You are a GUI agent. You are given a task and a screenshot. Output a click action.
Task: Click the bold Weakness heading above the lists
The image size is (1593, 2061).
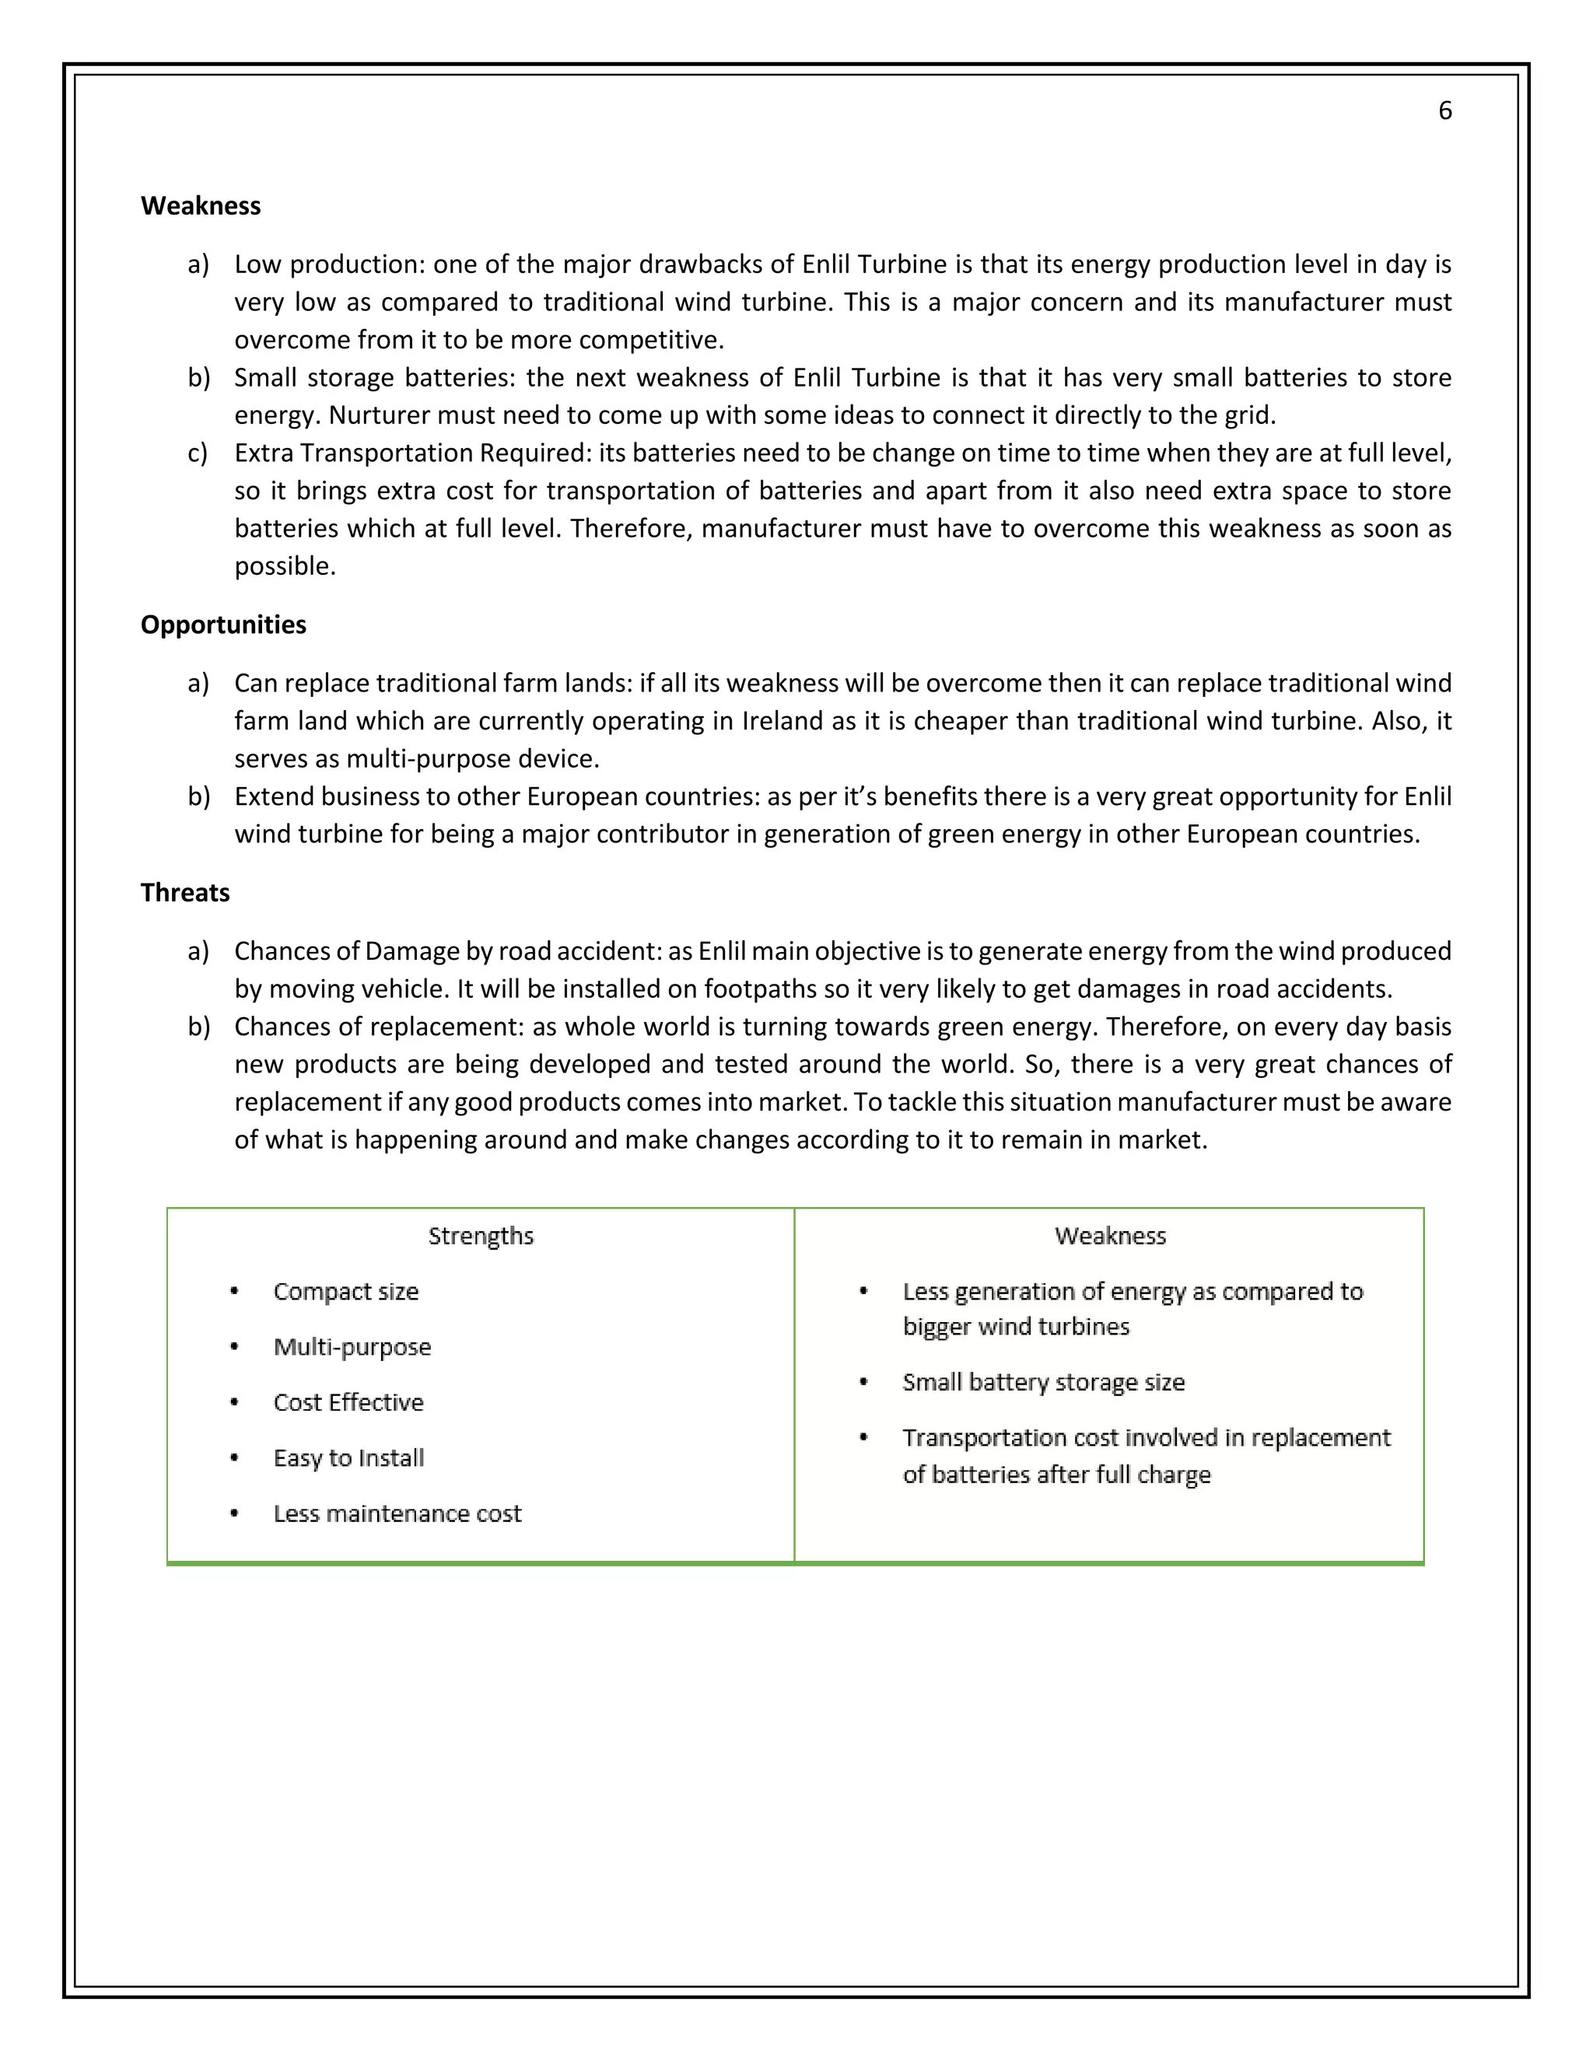200,206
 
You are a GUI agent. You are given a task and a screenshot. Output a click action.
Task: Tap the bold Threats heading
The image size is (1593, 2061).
185,893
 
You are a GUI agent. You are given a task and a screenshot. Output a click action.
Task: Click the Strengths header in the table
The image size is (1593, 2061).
481,1237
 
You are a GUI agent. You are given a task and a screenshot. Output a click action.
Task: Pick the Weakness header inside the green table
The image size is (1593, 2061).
1110,1237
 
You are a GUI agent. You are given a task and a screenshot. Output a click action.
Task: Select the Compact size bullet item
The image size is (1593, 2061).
345,1292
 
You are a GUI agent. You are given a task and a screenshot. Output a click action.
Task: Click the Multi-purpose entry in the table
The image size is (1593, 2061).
352,1348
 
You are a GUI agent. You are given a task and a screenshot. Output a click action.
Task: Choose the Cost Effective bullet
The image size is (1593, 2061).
348,1403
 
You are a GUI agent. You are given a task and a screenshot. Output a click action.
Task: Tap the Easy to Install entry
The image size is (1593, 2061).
348,1459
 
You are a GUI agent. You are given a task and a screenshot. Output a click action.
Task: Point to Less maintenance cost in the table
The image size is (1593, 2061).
397,1514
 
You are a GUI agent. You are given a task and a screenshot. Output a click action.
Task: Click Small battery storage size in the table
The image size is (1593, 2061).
1043,1383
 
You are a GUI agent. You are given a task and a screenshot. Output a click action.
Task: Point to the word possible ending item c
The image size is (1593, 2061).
284,566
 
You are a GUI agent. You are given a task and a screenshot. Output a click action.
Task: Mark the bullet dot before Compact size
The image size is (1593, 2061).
234,1291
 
